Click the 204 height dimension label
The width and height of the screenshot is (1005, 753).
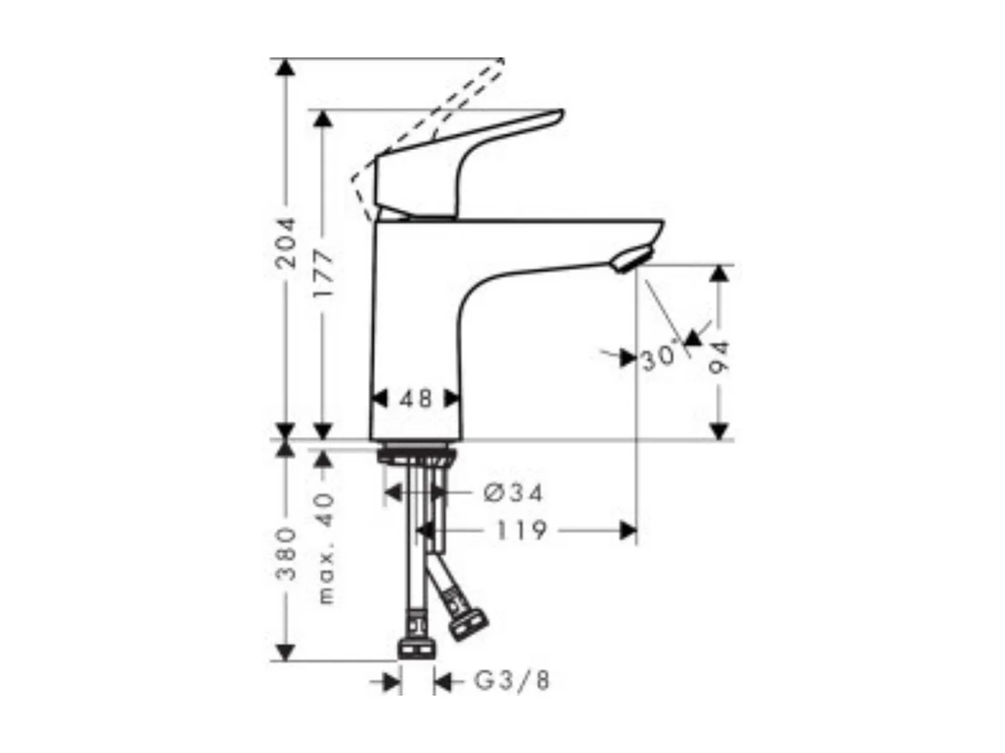click(285, 242)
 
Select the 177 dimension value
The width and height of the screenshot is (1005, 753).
click(323, 274)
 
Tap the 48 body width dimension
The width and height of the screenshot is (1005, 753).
click(415, 398)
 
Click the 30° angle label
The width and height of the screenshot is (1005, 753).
click(659, 359)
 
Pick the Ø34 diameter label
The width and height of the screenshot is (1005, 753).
click(513, 493)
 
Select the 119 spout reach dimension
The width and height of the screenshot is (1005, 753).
click(519, 530)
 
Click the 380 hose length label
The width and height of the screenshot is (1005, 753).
click(285, 553)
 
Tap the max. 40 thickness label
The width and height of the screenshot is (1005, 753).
click(324, 548)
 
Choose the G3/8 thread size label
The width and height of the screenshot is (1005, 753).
click(512, 681)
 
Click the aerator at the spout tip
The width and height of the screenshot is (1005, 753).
click(631, 260)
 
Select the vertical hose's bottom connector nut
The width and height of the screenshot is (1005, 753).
click(416, 647)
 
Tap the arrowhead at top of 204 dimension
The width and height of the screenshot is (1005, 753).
click(285, 67)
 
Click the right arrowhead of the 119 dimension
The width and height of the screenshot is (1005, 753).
click(628, 530)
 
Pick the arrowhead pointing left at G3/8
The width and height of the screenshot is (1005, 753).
click(443, 681)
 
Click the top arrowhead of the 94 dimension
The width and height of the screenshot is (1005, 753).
click(719, 273)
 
